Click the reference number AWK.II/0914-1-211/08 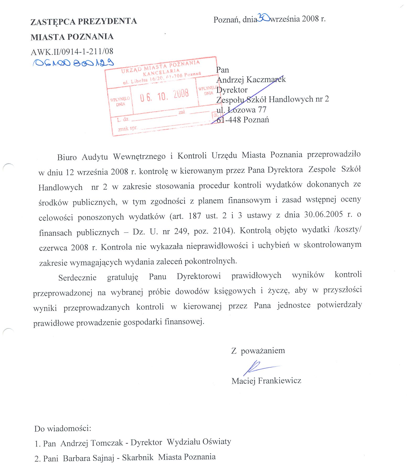coord(72,52)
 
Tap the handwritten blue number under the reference coord(73,63)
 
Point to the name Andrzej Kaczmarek coord(251,79)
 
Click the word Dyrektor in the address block coord(232,90)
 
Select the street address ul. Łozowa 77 coord(241,110)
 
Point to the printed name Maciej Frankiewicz coord(266,380)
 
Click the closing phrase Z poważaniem coord(258,351)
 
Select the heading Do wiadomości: coord(63,429)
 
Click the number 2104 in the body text coord(222,231)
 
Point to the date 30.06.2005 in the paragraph coord(323,214)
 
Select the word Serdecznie coord(77,278)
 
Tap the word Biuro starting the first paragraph coord(67,157)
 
